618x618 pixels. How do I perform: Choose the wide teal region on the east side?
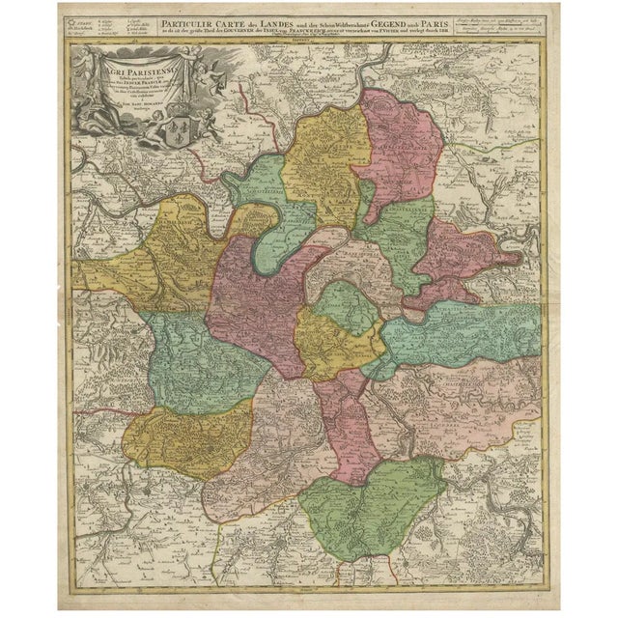click(463, 328)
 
